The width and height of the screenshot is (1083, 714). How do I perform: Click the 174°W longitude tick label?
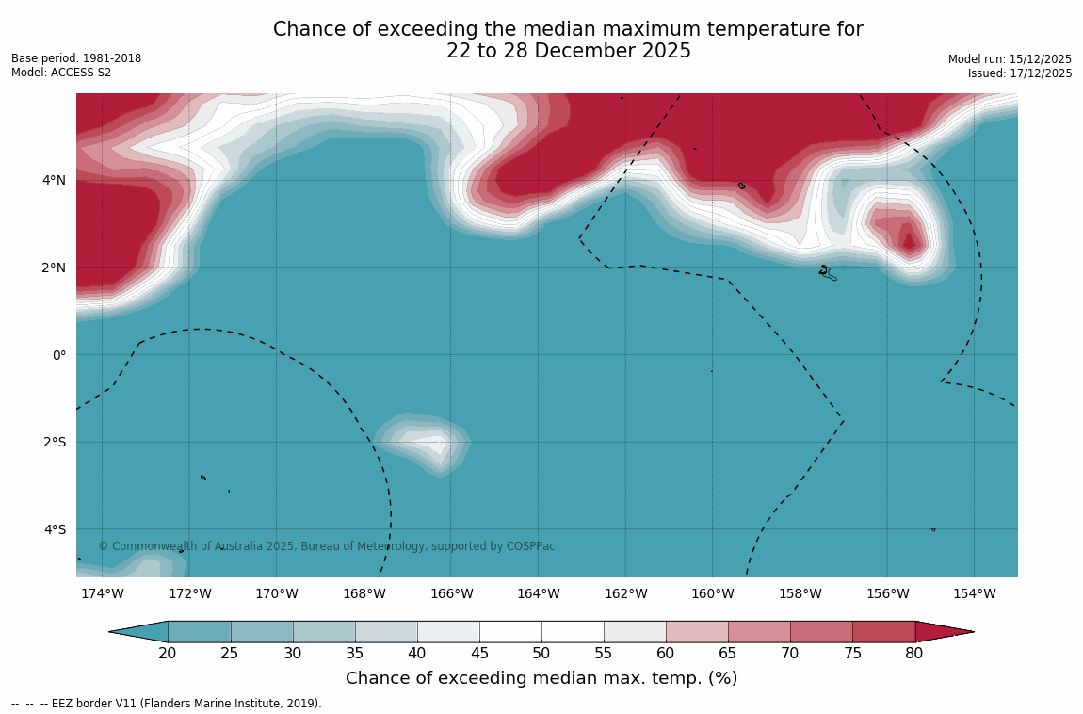pos(102,593)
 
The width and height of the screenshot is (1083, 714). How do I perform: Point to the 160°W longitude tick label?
pos(712,593)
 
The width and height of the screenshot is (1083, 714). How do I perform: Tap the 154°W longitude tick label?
pos(974,593)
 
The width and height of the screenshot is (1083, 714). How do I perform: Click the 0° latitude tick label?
pos(58,355)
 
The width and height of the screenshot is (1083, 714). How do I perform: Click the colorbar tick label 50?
pos(541,654)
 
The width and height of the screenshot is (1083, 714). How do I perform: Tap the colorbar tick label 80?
pos(913,654)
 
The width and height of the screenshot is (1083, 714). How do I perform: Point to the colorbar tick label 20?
pos(168,654)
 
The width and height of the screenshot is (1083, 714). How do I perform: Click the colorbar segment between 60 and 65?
pos(697,632)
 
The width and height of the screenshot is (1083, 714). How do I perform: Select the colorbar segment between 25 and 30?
pos(262,632)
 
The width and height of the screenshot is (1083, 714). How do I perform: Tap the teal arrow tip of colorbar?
pos(137,632)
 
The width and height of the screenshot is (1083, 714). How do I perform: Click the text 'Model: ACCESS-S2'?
pos(61,73)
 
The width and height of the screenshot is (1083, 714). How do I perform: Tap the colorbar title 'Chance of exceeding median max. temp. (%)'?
pos(541,678)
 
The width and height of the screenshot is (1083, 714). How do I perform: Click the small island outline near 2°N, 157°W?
pos(827,272)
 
